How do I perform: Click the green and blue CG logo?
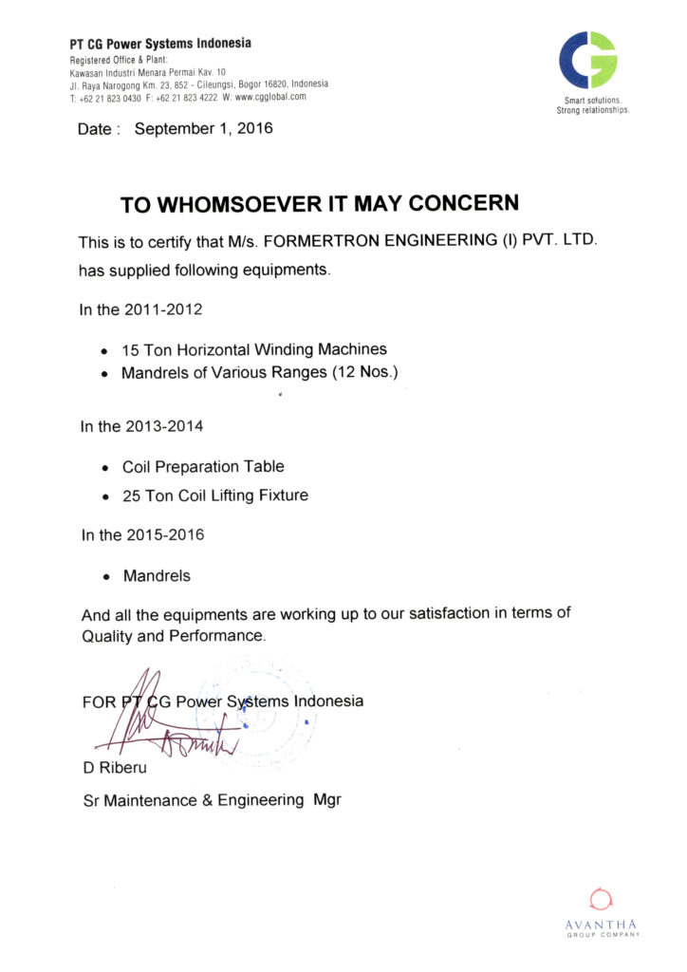588,60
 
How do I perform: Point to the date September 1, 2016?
203,128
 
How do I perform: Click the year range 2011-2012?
163,309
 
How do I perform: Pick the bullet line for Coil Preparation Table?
203,467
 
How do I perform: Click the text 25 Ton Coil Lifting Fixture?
215,495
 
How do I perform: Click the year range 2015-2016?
164,534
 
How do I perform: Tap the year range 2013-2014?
163,426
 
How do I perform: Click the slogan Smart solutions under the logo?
592,101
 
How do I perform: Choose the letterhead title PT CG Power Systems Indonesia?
160,44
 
